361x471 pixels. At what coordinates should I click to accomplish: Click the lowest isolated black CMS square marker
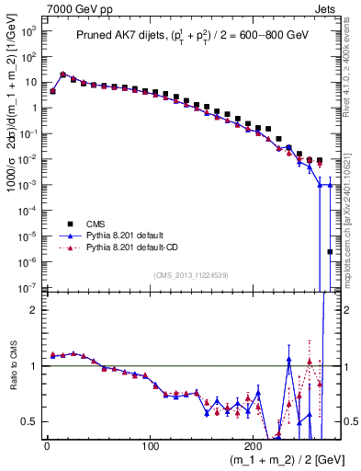click(x=331, y=251)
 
